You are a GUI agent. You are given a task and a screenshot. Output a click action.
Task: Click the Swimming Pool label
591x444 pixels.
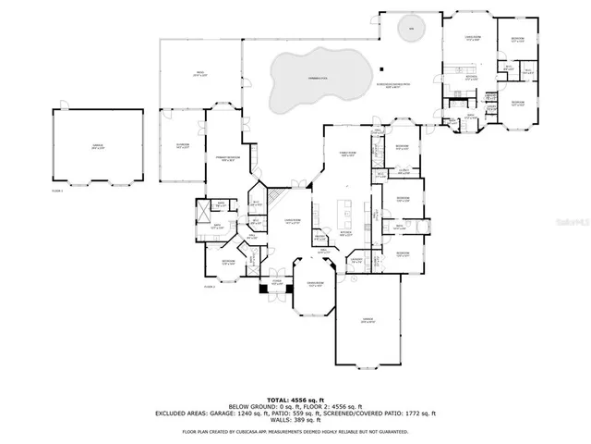pos(319,80)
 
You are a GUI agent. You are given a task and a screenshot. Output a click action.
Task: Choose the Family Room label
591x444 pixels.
pos(350,155)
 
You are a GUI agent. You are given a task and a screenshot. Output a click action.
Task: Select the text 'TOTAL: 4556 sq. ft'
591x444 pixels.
pos(295,397)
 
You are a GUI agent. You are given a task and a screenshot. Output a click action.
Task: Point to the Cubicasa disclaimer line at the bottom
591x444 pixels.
pos(295,431)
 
